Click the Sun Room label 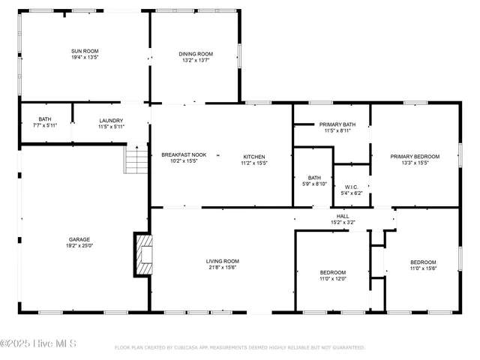(x=85, y=50)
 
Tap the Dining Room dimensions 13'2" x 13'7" (x=196, y=60)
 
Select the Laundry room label (x=111, y=120)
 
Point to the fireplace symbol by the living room (x=143, y=257)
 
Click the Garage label (x=79, y=239)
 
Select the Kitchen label (x=253, y=156)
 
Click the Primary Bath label (x=337, y=124)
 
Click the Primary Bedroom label (x=415, y=156)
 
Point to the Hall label (x=343, y=216)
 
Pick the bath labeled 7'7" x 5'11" (x=45, y=122)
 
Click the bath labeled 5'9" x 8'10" (x=312, y=180)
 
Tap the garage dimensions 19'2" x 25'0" (x=79, y=245)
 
